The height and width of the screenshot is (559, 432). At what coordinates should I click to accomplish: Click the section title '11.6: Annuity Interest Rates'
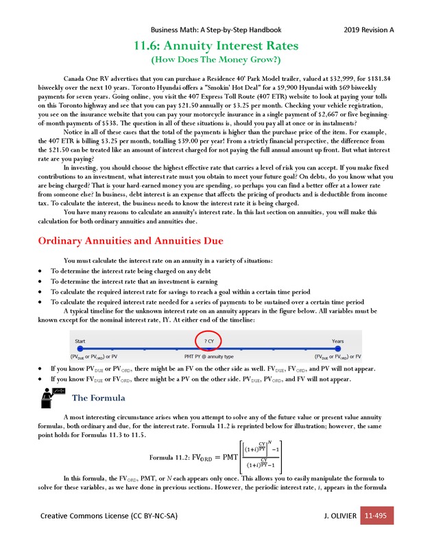pos(216,47)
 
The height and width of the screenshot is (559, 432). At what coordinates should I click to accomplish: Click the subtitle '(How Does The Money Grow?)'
pos(216,61)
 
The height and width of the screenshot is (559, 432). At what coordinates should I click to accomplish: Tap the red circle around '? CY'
pos(208,341)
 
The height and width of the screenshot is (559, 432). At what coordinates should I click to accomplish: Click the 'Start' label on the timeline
pos(81,341)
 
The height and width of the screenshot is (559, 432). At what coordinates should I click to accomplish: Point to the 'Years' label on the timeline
pos(338,341)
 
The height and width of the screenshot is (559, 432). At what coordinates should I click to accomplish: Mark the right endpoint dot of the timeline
pos(337,349)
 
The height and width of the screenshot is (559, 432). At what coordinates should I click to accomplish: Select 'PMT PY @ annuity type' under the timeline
pos(209,357)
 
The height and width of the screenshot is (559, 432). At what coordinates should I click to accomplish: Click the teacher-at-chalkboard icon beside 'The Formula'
pos(53,396)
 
